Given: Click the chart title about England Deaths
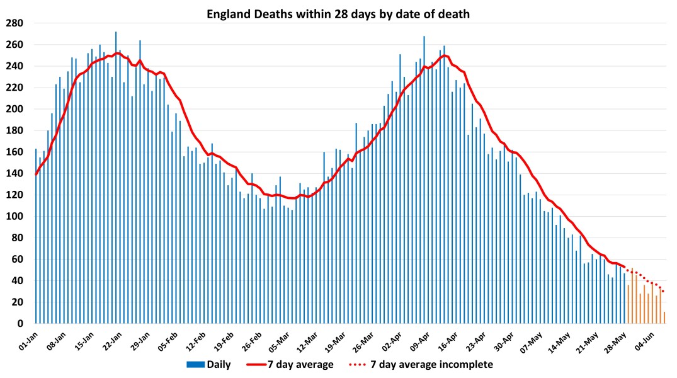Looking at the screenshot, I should [338, 13].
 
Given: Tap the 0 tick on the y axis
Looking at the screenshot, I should [20, 324].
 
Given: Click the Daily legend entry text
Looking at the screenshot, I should [219, 364].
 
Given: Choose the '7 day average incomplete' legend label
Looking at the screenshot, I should [431, 364].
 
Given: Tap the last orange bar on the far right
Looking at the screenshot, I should [664, 318].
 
